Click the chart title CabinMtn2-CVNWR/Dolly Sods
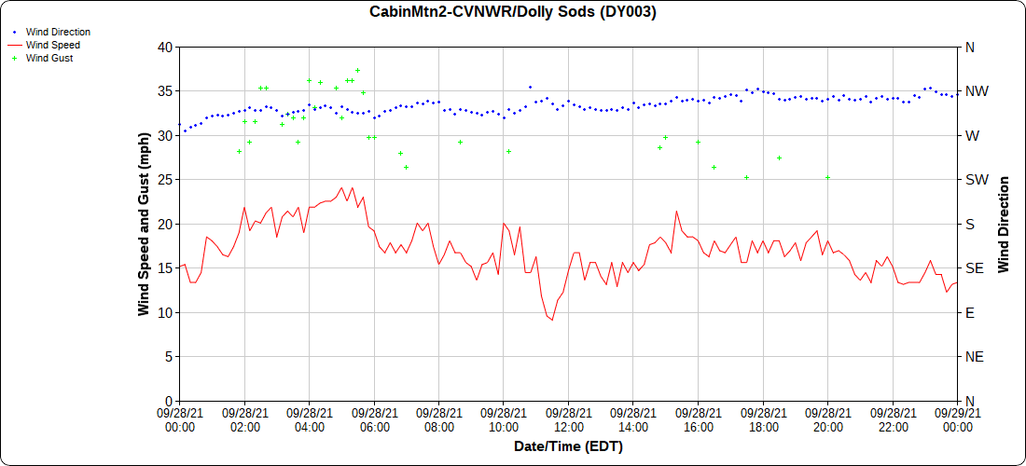513,12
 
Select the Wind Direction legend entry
58,32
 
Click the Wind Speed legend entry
52,45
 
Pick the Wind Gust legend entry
49,58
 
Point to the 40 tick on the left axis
164,47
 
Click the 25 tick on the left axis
164,179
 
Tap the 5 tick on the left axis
168,356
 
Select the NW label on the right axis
976,91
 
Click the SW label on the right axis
975,179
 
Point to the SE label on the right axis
974,267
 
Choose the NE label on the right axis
974,356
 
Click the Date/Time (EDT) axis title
568,446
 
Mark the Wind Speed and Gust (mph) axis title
144,224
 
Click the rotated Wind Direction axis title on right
1004,224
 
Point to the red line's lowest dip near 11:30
552,320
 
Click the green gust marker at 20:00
827,177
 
